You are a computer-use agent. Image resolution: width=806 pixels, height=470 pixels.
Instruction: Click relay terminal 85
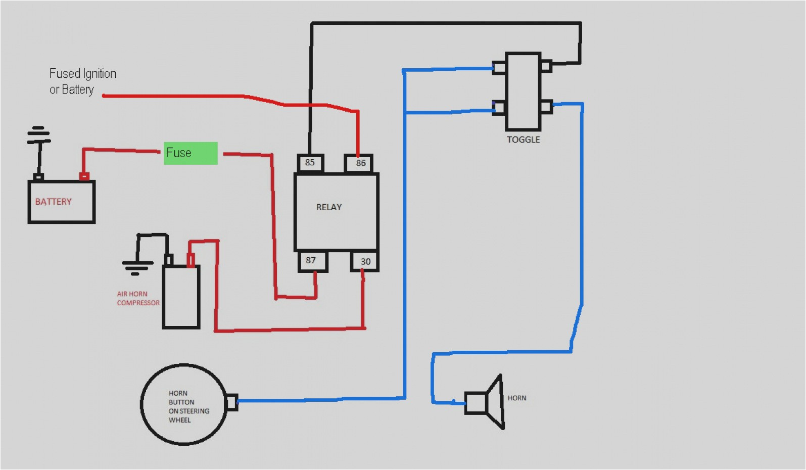tap(310, 163)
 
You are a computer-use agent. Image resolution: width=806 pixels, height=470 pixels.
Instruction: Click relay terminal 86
tap(359, 163)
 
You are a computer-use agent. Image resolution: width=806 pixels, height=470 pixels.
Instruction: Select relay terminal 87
tap(311, 261)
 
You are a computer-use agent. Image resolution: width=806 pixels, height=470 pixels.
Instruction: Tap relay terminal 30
tap(365, 261)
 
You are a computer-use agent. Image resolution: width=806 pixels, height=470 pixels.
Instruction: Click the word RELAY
tap(329, 207)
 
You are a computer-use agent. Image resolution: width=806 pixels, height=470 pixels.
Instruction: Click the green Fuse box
tap(191, 153)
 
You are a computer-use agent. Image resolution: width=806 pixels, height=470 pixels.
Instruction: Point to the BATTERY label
tap(53, 202)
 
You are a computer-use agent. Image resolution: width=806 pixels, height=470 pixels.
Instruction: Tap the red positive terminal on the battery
tap(84, 176)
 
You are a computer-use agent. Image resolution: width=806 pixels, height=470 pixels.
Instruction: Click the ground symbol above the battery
tap(38, 135)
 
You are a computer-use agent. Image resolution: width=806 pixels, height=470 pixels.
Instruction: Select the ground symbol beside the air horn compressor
tap(136, 265)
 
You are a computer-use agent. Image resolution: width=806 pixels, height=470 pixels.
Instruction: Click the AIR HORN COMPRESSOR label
tap(137, 298)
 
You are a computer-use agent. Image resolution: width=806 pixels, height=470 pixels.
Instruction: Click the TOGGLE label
tap(524, 139)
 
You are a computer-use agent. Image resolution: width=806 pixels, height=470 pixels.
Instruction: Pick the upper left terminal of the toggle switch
tap(499, 67)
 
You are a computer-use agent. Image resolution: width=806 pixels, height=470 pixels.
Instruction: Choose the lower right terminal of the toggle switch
tap(546, 107)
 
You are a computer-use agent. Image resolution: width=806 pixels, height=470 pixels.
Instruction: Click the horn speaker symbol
tap(485, 402)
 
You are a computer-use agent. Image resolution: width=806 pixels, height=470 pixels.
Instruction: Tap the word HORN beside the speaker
tap(517, 398)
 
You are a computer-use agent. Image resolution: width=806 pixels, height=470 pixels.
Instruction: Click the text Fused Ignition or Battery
tap(82, 81)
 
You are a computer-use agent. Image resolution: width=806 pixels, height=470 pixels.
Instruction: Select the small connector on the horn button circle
tap(231, 402)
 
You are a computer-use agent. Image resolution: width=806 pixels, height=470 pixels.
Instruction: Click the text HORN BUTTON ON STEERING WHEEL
tap(188, 406)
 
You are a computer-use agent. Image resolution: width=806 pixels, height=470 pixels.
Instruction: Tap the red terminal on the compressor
tap(191, 260)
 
